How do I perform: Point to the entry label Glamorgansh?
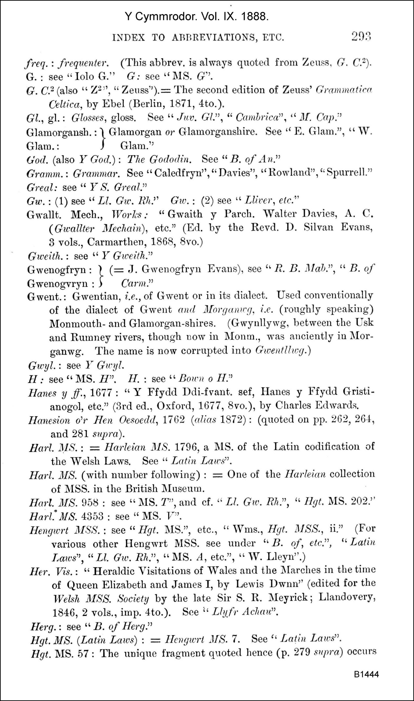(61, 132)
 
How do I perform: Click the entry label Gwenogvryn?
(57, 283)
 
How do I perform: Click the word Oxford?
(174, 406)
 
